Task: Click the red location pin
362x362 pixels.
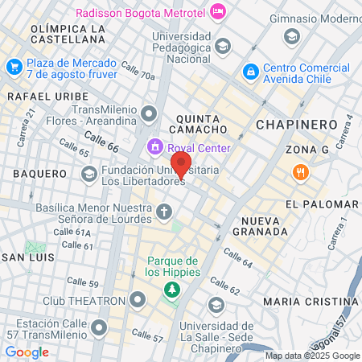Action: click(x=182, y=165)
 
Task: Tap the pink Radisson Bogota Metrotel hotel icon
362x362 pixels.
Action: click(x=218, y=12)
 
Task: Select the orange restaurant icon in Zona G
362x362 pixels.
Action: click(x=299, y=171)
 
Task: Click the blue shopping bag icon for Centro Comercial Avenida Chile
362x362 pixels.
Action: click(x=251, y=72)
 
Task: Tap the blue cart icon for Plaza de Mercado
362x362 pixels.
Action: click(x=14, y=68)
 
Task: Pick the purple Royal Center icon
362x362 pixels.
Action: click(x=154, y=148)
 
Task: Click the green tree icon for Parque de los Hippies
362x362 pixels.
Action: click(x=171, y=290)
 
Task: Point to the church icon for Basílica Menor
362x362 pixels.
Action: click(x=164, y=212)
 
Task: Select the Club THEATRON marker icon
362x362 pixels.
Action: click(x=136, y=301)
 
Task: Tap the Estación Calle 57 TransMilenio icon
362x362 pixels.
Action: click(x=99, y=327)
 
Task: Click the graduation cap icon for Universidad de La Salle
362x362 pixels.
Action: click(x=216, y=305)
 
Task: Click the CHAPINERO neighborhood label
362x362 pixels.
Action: click(x=295, y=124)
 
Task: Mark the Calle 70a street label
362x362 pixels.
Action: click(x=137, y=72)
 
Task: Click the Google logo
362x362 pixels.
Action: click(x=27, y=352)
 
